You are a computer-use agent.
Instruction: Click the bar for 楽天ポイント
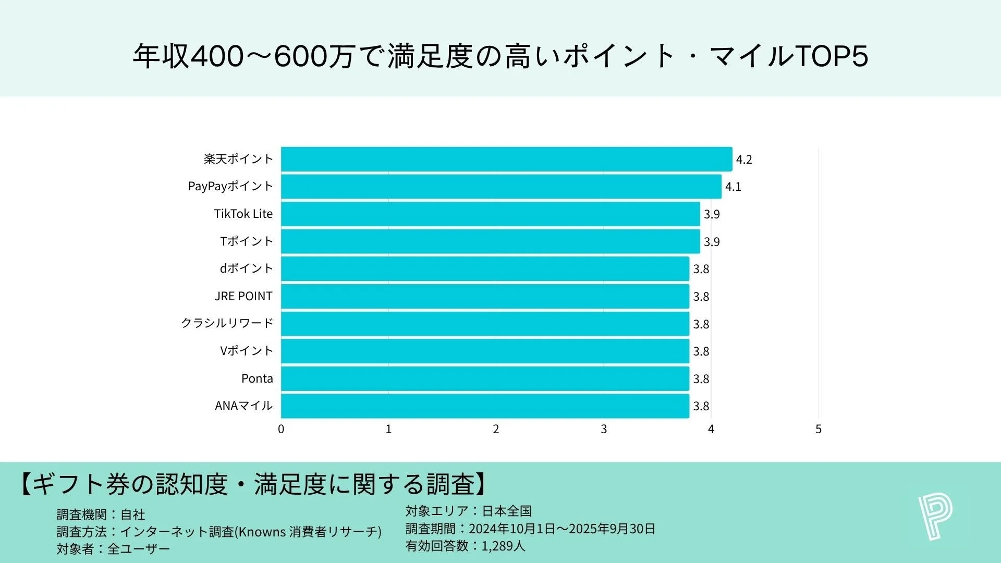coord(506,159)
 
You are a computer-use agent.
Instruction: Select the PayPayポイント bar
coord(500,187)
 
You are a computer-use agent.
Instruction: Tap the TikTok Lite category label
coord(243,214)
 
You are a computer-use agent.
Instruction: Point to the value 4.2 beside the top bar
coord(743,160)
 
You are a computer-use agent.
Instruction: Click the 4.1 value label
coord(733,187)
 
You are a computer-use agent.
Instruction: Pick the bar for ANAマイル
coord(485,406)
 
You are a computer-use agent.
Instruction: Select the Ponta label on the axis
coord(257,378)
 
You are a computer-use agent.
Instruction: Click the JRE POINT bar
coord(485,296)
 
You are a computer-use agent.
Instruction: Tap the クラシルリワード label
coord(227,323)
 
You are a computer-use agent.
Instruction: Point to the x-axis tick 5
coord(818,429)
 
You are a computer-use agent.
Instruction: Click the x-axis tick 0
coord(281,429)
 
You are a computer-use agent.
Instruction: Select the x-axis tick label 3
coord(603,429)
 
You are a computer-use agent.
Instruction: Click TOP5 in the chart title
coord(832,56)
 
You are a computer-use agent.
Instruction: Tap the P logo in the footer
coord(935,517)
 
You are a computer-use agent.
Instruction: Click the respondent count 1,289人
coord(503,546)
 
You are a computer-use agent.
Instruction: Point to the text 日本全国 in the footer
coord(507,511)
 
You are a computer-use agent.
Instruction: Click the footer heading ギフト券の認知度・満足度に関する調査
coord(253,484)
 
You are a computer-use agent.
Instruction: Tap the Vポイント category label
coord(246,351)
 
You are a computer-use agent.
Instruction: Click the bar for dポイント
coord(485,269)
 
